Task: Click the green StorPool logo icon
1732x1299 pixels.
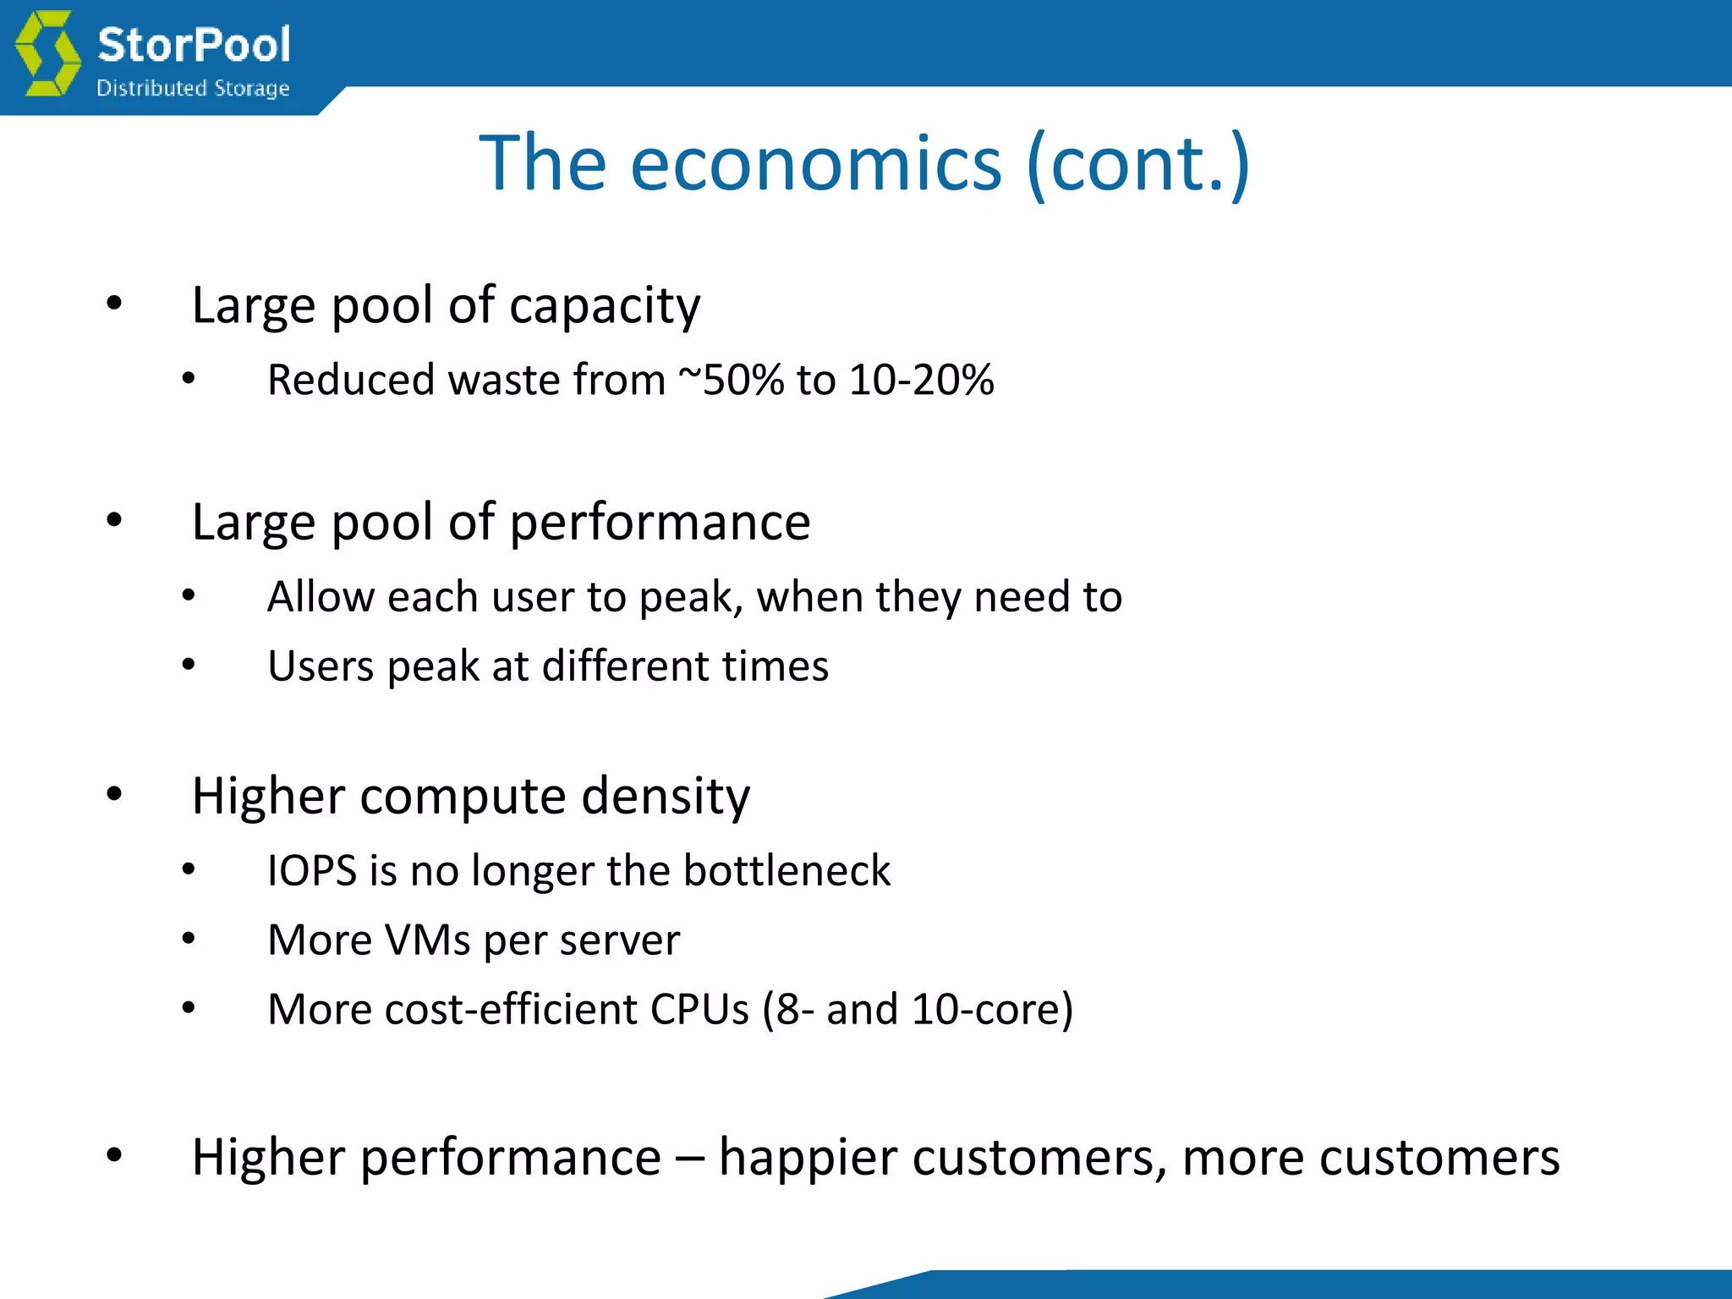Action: (x=48, y=52)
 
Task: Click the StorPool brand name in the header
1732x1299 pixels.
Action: (x=194, y=44)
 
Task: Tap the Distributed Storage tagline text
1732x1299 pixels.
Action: (x=193, y=88)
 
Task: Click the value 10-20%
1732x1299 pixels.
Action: (x=921, y=380)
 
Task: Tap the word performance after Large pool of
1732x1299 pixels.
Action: (x=660, y=523)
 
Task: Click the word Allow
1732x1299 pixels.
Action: (x=321, y=597)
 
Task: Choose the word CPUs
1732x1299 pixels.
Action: (x=699, y=1010)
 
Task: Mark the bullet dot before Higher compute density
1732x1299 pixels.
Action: (x=114, y=794)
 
